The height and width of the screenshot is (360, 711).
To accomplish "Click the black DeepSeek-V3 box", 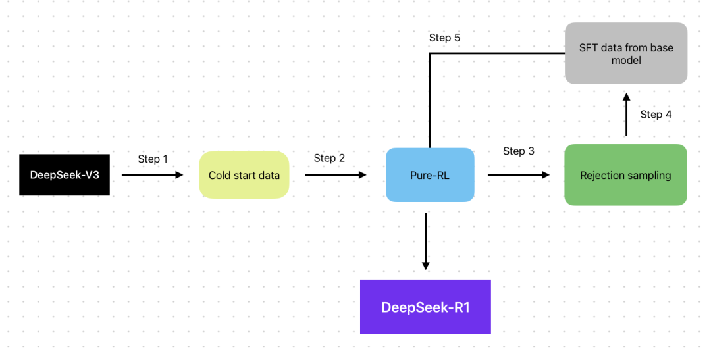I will pyautogui.click(x=65, y=175).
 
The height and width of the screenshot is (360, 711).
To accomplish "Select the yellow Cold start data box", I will pyautogui.click(x=244, y=175).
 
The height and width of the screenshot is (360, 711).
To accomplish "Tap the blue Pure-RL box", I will pyautogui.click(x=430, y=175).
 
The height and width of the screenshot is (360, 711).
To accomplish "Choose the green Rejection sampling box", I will pyautogui.click(x=625, y=175).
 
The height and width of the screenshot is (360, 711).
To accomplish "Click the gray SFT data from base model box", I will pyautogui.click(x=625, y=53).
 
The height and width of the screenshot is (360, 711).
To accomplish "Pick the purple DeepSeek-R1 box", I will pyautogui.click(x=425, y=307).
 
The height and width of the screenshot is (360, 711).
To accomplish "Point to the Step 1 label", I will pyautogui.click(x=153, y=159).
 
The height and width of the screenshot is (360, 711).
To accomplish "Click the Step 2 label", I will pyautogui.click(x=329, y=158).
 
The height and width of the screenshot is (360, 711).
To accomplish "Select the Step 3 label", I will pyautogui.click(x=519, y=151).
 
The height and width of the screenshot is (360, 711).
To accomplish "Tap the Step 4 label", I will pyautogui.click(x=656, y=115).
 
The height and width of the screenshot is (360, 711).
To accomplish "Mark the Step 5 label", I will pyautogui.click(x=444, y=38).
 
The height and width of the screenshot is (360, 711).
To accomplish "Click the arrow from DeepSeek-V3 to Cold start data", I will pyautogui.click(x=153, y=175).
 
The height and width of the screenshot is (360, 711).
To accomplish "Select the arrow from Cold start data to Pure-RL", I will pyautogui.click(x=336, y=175).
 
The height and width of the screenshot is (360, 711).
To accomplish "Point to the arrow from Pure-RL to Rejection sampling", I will pyautogui.click(x=518, y=175).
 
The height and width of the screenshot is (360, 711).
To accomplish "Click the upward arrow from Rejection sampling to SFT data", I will pyautogui.click(x=626, y=115).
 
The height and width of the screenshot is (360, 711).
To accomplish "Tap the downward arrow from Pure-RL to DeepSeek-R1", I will pyautogui.click(x=425, y=240).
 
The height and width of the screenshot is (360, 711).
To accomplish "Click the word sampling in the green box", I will pyautogui.click(x=650, y=176).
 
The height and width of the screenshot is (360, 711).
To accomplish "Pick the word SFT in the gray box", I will pyautogui.click(x=589, y=47).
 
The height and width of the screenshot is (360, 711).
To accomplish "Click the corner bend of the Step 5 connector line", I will pyautogui.click(x=431, y=53).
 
